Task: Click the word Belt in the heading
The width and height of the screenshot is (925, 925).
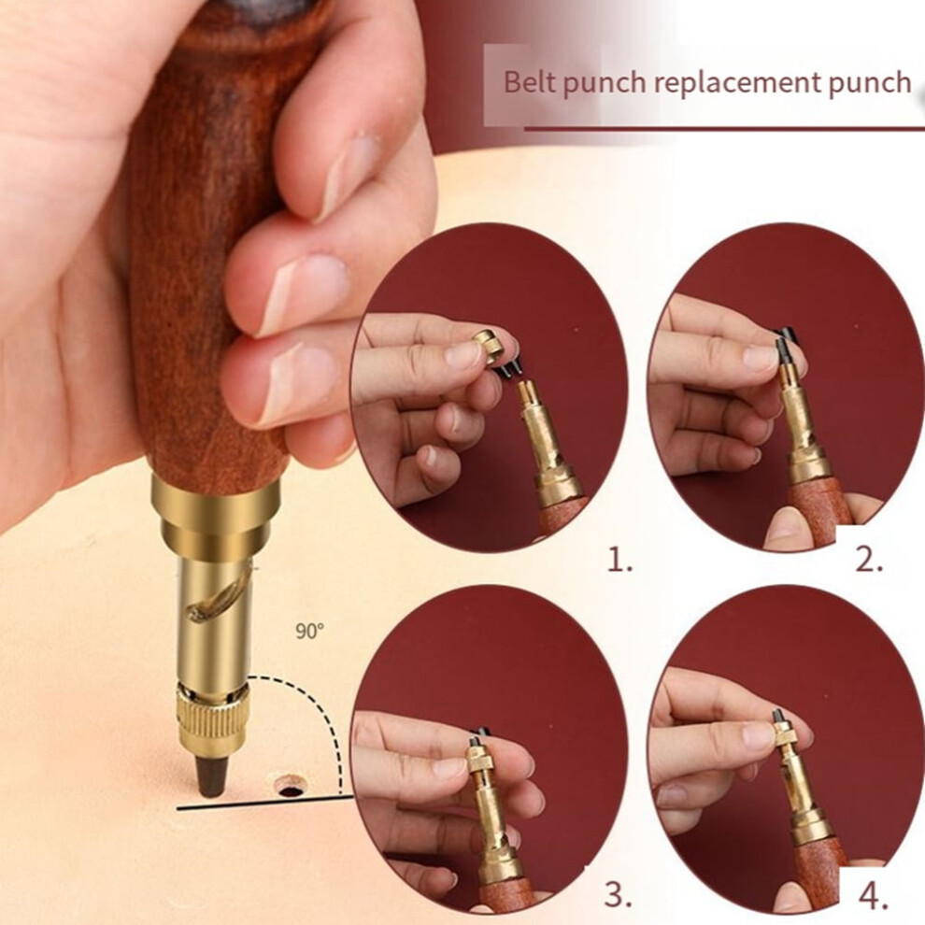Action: [530, 82]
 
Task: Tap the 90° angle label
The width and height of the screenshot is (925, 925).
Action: [309, 632]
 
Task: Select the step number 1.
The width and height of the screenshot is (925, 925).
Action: [619, 561]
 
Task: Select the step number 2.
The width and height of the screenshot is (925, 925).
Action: [869, 560]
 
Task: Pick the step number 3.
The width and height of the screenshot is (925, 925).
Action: [619, 894]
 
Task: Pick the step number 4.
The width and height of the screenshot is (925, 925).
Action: [873, 896]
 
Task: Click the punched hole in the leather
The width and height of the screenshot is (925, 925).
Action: [292, 787]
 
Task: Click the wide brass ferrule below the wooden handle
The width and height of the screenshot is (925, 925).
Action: [215, 511]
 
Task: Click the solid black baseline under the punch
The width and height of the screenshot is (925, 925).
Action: [265, 803]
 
